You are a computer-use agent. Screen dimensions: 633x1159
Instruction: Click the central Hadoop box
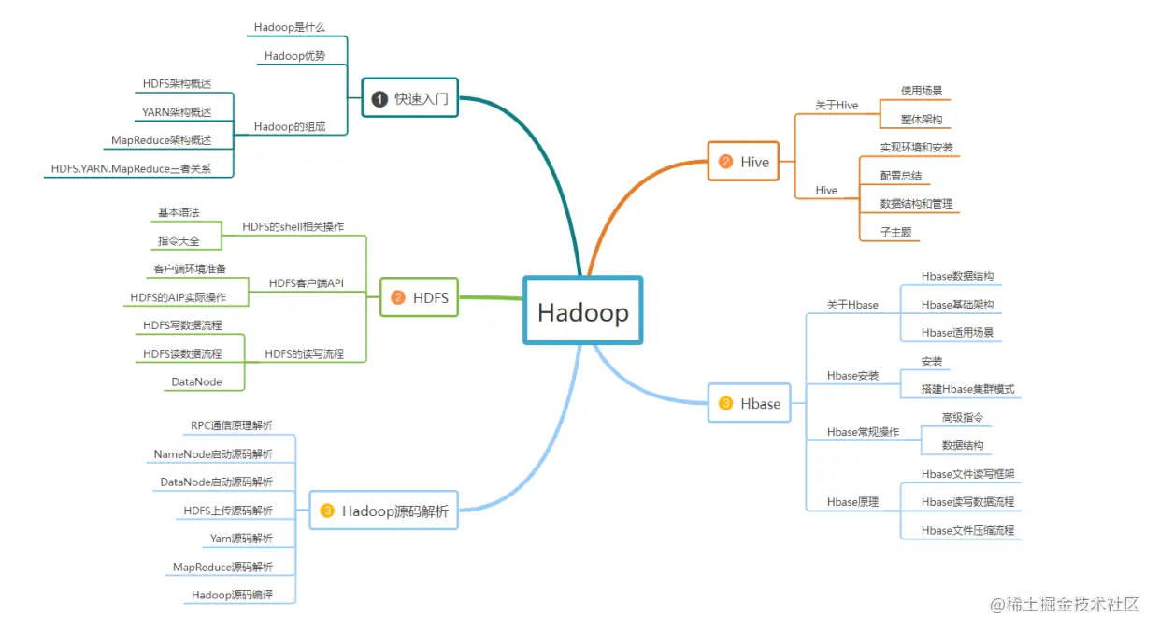pos(583,312)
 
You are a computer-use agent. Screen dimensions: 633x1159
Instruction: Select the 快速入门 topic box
pos(410,97)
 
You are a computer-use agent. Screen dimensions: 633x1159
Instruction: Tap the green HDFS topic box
pos(420,298)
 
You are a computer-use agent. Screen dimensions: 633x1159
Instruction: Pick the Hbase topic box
pos(749,404)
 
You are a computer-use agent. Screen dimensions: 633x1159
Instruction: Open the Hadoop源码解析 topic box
pos(384,511)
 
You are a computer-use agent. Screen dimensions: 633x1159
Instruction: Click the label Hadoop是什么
pos(289,27)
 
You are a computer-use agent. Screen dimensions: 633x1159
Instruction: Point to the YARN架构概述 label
pos(177,112)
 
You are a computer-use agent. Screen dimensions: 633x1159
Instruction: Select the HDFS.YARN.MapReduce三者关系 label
pos(131,169)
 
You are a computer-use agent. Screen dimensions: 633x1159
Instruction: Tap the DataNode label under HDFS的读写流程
pos(196,381)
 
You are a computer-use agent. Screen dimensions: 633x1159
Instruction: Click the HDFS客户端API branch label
pos(307,282)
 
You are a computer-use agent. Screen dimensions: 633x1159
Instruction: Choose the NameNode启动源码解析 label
pos(213,454)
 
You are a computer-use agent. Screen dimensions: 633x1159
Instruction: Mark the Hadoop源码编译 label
pos(232,595)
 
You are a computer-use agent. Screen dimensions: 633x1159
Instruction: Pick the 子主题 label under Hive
pos(895,232)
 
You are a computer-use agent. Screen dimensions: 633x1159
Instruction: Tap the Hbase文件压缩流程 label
pos(967,530)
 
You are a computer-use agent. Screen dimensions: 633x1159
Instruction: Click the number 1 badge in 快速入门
pos(379,98)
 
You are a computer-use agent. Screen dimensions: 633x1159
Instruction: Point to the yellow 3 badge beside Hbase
pos(726,404)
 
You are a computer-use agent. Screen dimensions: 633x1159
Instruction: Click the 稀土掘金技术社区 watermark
pos(1066,604)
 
